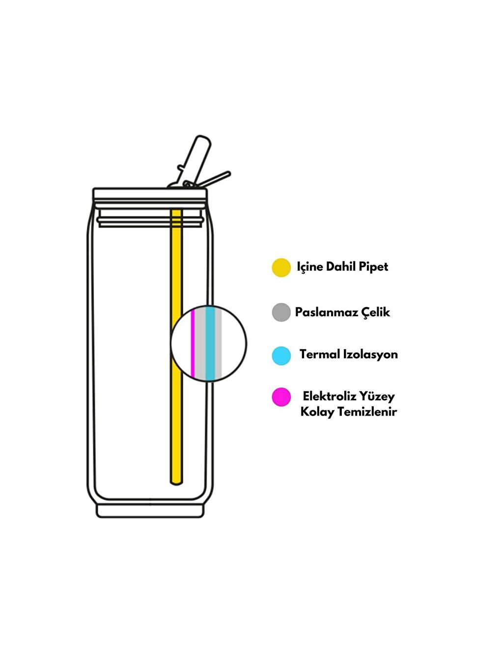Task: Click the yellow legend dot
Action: (281, 268)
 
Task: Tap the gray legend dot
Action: (281, 312)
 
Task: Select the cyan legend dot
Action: (281, 356)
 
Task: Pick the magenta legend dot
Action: (281, 397)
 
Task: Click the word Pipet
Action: (373, 267)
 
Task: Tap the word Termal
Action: (319, 355)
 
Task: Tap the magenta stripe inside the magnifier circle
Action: (193, 344)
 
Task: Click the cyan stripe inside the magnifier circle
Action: (210, 344)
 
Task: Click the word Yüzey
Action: (377, 396)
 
